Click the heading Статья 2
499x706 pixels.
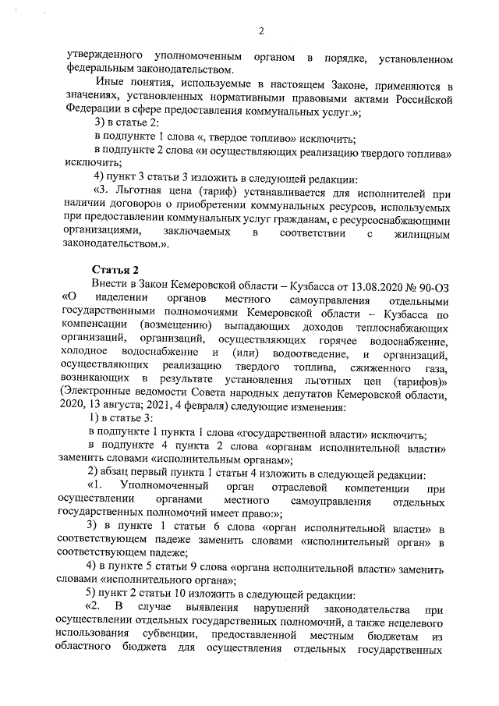coord(115,269)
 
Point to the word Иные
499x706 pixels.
coord(108,85)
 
